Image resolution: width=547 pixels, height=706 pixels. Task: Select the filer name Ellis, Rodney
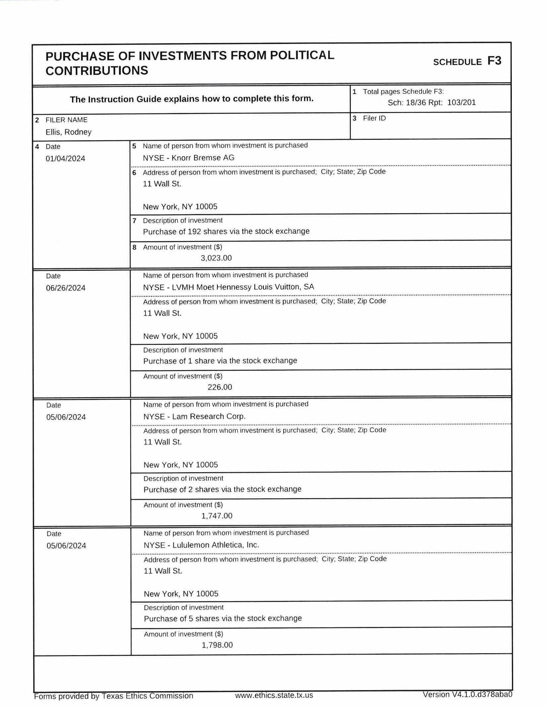[68, 132]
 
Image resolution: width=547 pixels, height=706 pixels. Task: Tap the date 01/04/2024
[65, 158]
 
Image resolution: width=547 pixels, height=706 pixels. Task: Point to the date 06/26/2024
[66, 288]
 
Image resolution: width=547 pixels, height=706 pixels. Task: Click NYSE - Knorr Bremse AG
[189, 158]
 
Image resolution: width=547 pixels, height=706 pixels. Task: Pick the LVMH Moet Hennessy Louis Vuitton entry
[228, 287]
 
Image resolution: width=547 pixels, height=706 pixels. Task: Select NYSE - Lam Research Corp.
[195, 416]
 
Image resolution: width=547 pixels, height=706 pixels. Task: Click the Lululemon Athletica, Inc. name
[201, 545]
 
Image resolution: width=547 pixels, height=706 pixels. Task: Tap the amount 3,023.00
[216, 258]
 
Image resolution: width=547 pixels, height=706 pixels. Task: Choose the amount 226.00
[220, 387]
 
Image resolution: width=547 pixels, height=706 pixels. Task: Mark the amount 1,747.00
[217, 516]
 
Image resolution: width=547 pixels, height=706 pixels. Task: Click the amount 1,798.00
[217, 645]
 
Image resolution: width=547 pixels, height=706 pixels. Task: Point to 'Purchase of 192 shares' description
[226, 231]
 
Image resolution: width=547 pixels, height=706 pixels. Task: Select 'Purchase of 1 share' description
[220, 361]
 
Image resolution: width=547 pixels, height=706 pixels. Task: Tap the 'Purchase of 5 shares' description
[223, 618]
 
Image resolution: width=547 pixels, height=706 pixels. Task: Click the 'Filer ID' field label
[374, 118]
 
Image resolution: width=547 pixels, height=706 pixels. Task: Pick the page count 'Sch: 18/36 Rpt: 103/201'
[431, 102]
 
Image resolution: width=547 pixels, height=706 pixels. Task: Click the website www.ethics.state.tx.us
[274, 695]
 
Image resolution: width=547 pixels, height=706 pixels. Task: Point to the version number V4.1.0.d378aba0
[467, 694]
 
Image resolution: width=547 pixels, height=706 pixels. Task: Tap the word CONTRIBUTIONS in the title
[97, 71]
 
